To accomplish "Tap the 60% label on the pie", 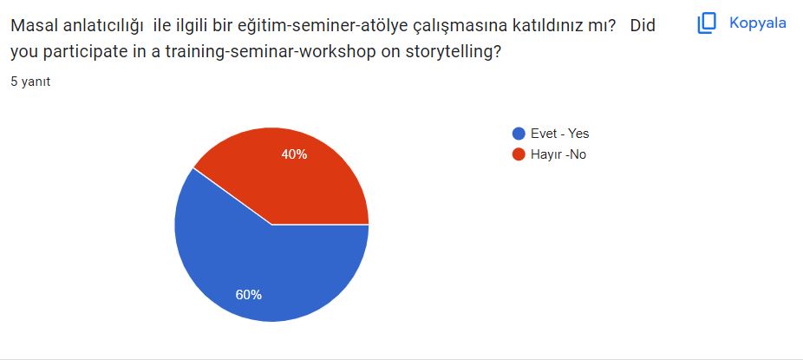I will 249,294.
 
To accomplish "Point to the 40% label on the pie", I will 294,154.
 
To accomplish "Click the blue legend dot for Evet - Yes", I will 519,134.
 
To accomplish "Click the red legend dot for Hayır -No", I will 519,154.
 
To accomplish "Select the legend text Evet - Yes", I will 559,134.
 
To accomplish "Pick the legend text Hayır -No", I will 559,154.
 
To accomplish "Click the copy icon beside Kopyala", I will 708,23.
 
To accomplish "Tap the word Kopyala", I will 757,23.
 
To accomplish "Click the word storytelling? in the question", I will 450,52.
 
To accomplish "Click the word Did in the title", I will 643,26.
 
